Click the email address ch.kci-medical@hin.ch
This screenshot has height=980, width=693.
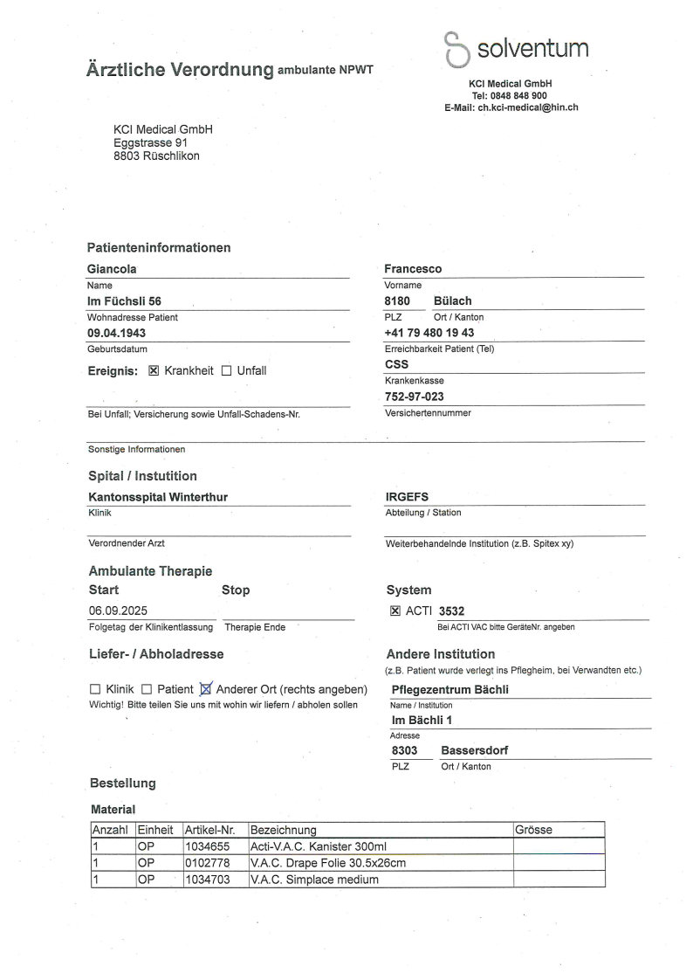pos(528,107)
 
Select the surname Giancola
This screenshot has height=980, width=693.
pos(112,269)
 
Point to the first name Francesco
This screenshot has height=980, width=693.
pos(413,269)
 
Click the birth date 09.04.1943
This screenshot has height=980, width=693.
pos(118,334)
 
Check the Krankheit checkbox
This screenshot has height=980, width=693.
pos(154,370)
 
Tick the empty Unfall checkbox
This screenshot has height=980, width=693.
pos(226,370)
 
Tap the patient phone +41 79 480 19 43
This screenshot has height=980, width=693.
pos(429,333)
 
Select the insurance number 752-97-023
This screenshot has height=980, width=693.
pos(415,396)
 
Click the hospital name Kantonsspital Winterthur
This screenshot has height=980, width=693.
pos(158,497)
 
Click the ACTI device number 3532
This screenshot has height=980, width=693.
pos(452,611)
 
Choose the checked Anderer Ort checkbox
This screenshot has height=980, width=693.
pos(206,688)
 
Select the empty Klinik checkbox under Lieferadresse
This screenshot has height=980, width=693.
pos(95,689)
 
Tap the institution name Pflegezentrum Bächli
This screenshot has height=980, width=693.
pos(449,689)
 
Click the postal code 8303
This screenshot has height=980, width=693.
pos(404,750)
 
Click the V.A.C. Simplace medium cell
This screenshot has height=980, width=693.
pos(314,880)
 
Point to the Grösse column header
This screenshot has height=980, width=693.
pos(534,830)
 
